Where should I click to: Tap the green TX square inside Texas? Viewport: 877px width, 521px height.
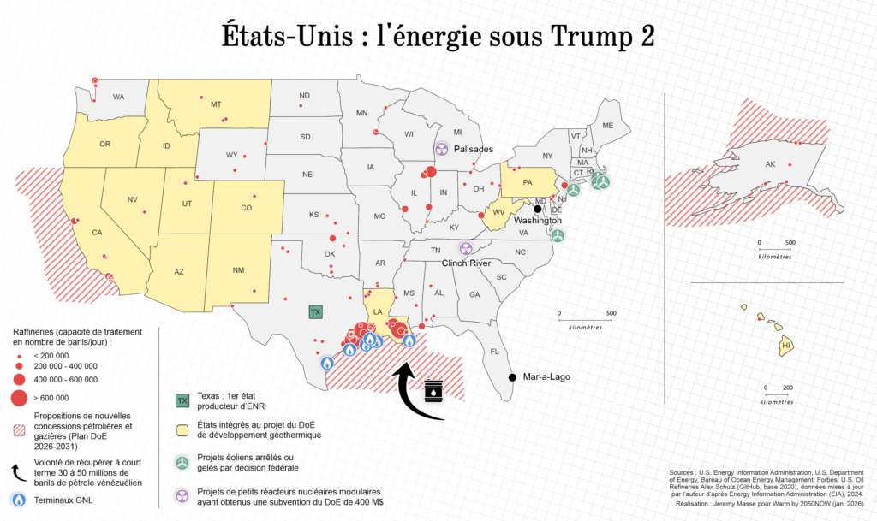pyautogui.click(x=315, y=312)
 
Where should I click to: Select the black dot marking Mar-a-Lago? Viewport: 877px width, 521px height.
pyautogui.click(x=511, y=377)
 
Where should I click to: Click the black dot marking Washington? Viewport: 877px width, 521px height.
pyautogui.click(x=538, y=208)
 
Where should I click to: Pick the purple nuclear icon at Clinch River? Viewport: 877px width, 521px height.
pyautogui.click(x=467, y=248)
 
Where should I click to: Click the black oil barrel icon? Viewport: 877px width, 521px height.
pyautogui.click(x=435, y=391)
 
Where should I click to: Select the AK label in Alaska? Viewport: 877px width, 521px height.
pyautogui.click(x=770, y=165)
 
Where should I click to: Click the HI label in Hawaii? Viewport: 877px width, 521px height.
pyautogui.click(x=785, y=346)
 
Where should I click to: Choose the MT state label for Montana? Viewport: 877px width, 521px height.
pyautogui.click(x=216, y=104)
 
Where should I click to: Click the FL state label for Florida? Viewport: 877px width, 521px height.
pyautogui.click(x=494, y=352)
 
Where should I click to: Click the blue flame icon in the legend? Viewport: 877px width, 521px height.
pyautogui.click(x=19, y=500)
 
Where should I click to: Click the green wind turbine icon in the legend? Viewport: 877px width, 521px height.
pyautogui.click(x=182, y=462)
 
